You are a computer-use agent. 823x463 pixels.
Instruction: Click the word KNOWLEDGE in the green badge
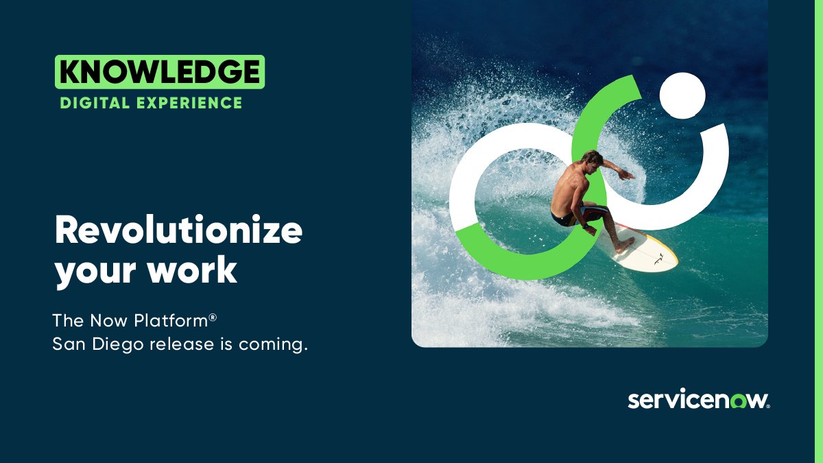(x=159, y=72)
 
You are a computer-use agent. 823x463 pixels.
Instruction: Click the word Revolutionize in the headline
(x=178, y=230)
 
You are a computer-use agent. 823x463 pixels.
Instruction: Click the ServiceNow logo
(x=698, y=401)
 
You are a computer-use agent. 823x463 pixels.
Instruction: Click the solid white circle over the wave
(x=682, y=95)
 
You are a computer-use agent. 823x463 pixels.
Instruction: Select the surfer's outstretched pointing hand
(x=628, y=174)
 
